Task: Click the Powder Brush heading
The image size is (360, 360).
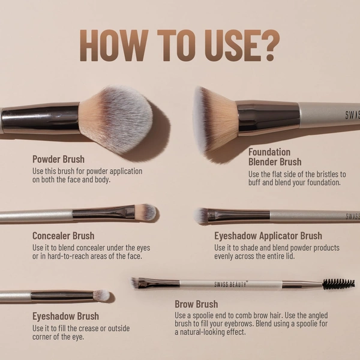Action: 58,160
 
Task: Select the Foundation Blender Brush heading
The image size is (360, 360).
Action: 275,157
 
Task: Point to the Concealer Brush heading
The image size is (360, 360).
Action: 63,236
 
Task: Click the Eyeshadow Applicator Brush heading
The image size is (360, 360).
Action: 268,236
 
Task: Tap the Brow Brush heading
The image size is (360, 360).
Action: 196,304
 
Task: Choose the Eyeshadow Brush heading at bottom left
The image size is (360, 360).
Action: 65,316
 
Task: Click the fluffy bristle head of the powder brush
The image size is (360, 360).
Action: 117,117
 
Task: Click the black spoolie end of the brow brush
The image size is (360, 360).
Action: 339,284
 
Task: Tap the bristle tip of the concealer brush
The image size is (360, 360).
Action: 146,212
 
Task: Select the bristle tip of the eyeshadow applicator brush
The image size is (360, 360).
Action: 202,215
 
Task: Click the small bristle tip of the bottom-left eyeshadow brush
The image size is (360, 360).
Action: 101,295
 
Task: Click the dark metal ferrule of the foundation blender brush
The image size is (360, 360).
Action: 268,116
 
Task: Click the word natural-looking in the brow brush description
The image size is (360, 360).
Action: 204,332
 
